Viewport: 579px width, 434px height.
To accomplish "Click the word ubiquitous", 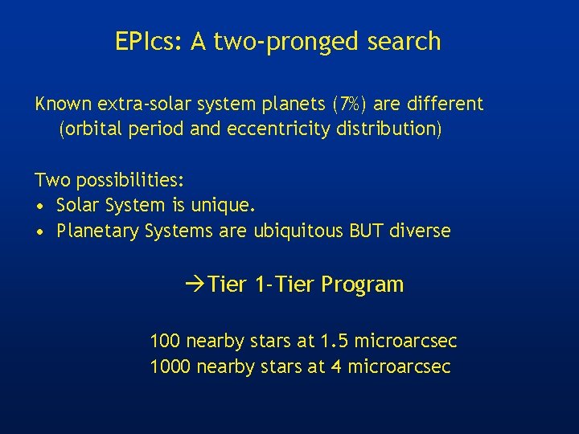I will point(298,231).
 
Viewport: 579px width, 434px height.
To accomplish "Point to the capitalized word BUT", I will point(367,231).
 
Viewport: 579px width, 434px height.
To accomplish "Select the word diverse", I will point(420,231).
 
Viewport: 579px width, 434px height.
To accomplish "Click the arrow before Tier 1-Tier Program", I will point(193,285).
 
